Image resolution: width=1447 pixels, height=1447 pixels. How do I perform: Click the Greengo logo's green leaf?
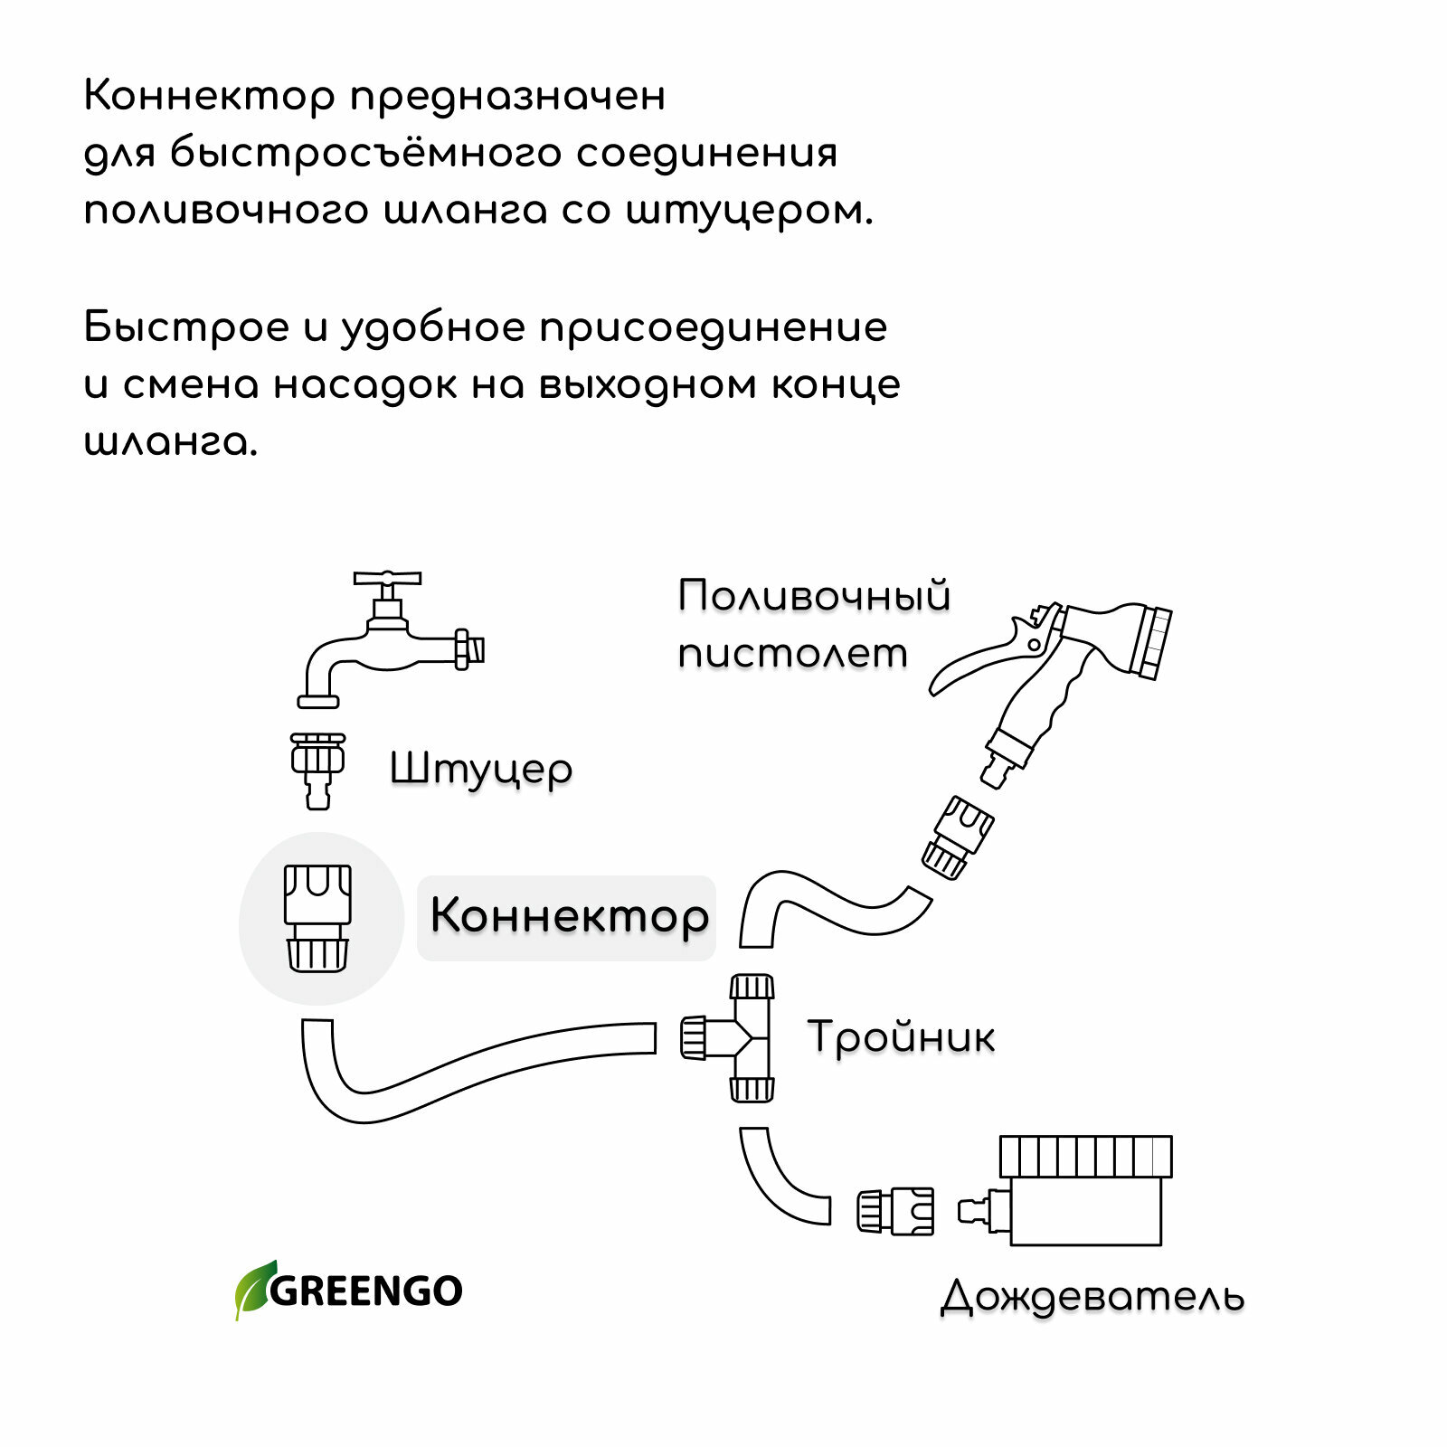click(253, 1288)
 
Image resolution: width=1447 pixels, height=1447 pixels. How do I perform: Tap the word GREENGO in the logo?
click(366, 1291)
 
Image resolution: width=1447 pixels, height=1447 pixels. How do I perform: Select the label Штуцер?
click(480, 770)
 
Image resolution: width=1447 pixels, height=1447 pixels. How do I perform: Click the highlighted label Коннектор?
click(568, 915)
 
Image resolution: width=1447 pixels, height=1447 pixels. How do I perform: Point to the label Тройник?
click(901, 1037)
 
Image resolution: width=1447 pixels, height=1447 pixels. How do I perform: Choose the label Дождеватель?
click(1092, 1296)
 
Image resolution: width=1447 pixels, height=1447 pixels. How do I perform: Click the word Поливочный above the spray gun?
click(814, 597)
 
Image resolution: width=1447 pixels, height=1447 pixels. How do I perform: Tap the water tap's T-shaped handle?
click(387, 579)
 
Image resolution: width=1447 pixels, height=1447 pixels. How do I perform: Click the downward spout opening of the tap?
click(318, 701)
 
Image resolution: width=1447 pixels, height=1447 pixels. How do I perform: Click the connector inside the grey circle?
click(317, 918)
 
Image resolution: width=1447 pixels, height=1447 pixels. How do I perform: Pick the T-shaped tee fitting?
click(742, 1038)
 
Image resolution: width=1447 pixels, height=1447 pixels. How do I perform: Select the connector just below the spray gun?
click(957, 837)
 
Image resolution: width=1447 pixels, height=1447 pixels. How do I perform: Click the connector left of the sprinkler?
click(895, 1212)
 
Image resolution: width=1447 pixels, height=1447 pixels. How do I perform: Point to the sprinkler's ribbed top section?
click(1085, 1156)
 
